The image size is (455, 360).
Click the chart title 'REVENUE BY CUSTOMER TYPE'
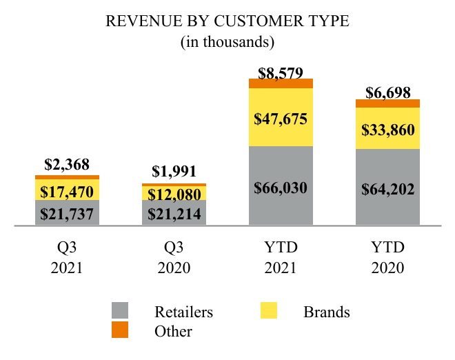coord(228,21)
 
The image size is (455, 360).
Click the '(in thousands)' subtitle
coord(228,42)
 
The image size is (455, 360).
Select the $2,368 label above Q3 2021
coord(67,165)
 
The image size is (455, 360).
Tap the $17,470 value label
coord(67,190)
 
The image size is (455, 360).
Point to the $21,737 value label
coord(67,214)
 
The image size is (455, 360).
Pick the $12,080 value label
coord(174,194)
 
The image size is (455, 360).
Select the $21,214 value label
coord(174,214)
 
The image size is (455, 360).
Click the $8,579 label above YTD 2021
coord(281,71)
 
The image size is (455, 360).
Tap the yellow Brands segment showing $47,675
coord(281,117)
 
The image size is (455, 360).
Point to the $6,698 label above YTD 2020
coord(387,92)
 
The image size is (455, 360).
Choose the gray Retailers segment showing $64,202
coord(387,188)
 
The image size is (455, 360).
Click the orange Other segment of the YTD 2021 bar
coord(281,83)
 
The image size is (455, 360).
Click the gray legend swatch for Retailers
coord(120,312)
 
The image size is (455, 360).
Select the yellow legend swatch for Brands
coord(269,312)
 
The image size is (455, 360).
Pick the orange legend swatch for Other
coord(120,331)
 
